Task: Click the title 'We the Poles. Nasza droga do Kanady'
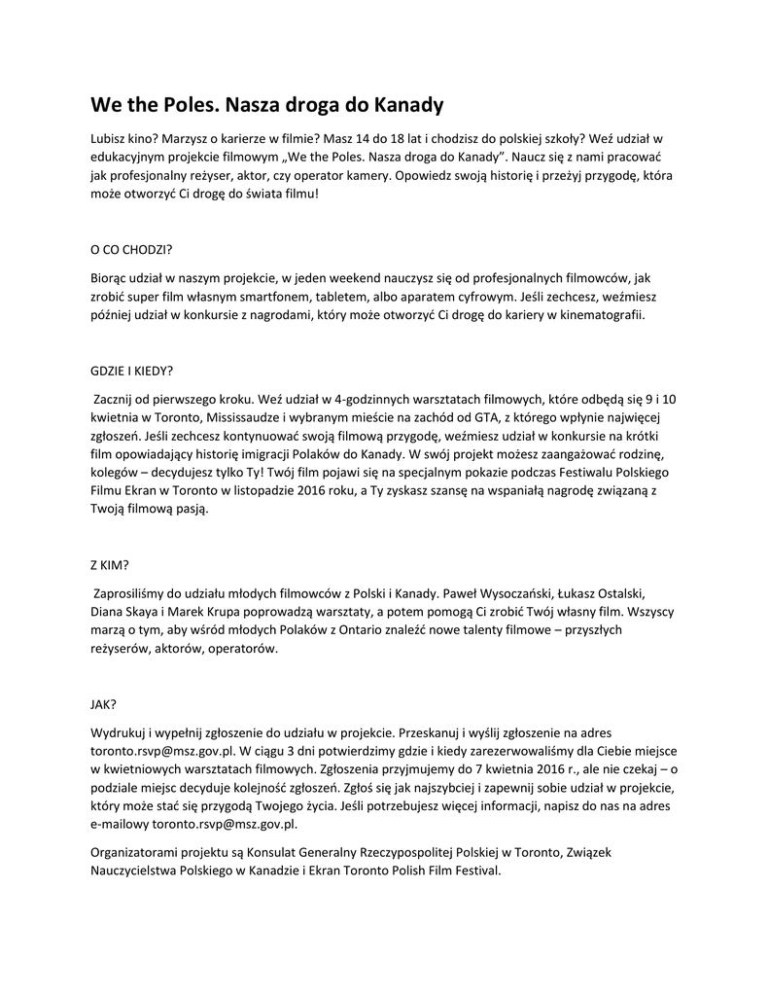tap(266, 104)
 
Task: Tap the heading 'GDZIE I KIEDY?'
tap(131, 371)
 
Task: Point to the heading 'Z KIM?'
tap(109, 564)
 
